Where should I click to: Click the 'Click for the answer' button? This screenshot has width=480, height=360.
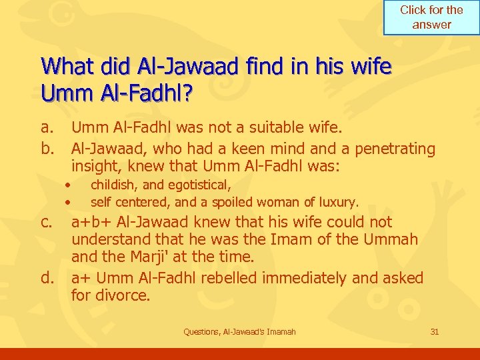tap(431, 17)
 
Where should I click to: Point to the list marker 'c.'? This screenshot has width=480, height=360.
tap(47, 222)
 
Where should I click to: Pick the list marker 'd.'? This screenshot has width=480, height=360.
tap(47, 277)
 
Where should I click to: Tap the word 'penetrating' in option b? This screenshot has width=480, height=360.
tap(395, 148)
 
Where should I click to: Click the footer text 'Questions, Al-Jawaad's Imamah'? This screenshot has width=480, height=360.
tap(239, 331)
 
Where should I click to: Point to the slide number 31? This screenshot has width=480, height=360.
tap(435, 331)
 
